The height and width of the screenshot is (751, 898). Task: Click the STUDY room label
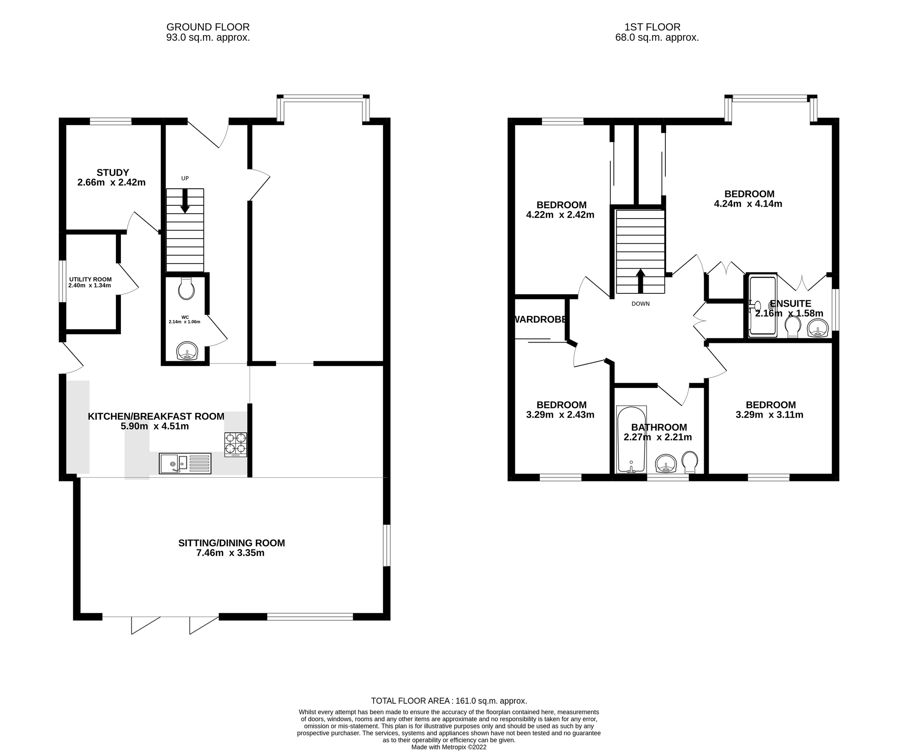(x=113, y=172)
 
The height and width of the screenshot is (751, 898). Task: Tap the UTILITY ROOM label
(x=90, y=280)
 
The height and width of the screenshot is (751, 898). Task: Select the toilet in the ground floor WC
(x=187, y=288)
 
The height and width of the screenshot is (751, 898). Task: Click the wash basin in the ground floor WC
(x=187, y=351)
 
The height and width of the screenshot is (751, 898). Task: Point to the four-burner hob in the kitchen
(x=236, y=444)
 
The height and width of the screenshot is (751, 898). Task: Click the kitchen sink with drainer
(x=185, y=464)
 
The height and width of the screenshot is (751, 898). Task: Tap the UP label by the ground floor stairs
(x=185, y=179)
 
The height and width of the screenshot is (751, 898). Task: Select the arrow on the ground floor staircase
(x=185, y=201)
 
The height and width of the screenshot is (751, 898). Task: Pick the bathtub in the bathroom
(x=631, y=439)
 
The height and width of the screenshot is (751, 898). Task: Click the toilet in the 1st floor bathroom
(x=689, y=462)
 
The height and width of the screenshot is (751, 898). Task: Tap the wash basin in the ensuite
(x=818, y=328)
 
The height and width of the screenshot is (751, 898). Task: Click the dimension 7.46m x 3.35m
(x=230, y=553)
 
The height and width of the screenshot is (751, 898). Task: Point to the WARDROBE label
(x=541, y=319)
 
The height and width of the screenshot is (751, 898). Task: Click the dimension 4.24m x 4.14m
(x=748, y=204)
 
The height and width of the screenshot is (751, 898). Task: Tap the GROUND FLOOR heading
(x=208, y=28)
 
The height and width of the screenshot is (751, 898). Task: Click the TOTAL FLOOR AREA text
(x=449, y=701)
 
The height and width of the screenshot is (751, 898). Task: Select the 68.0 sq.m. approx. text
(x=657, y=38)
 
